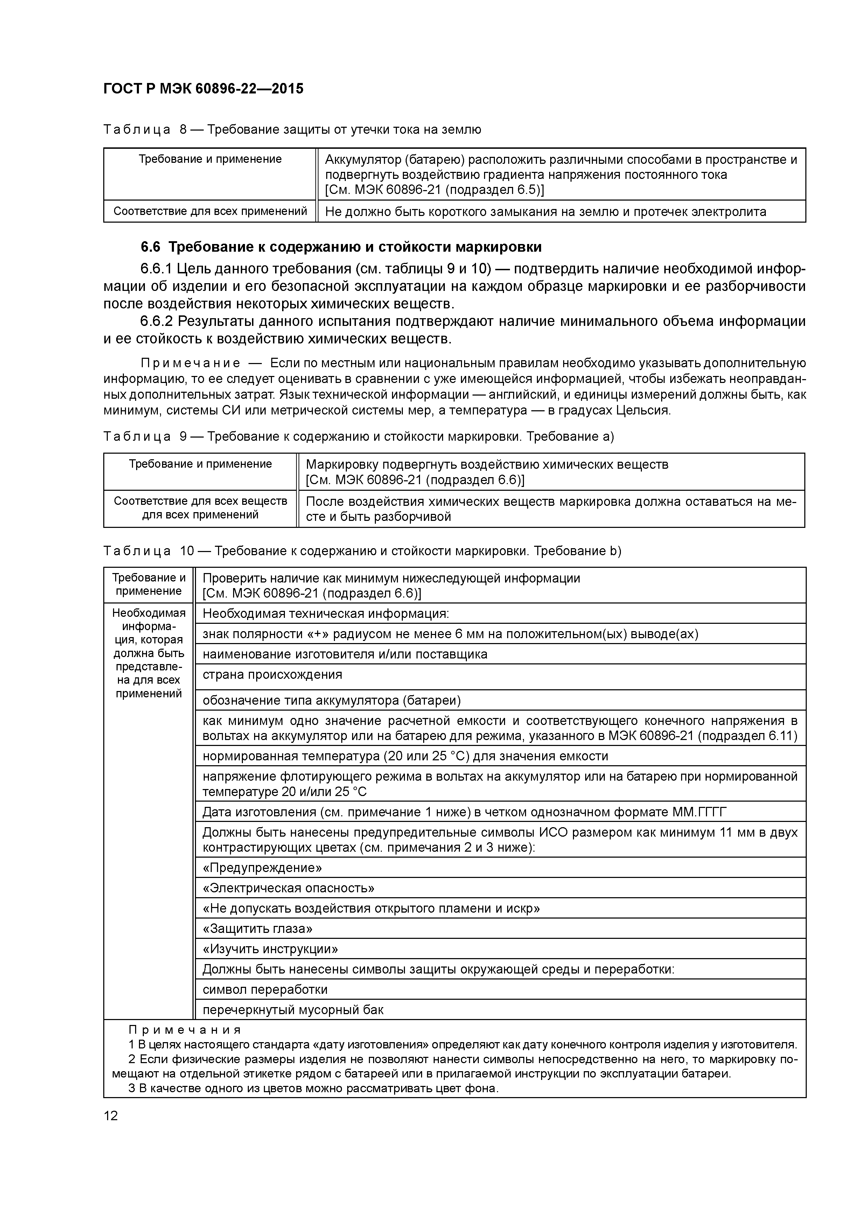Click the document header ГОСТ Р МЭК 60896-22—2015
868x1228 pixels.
203,89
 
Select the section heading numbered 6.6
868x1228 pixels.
341,247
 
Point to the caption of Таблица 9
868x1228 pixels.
358,437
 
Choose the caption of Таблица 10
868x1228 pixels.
362,551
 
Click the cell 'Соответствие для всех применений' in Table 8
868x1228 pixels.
210,211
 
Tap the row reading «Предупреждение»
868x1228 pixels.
262,867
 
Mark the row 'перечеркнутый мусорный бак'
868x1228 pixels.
293,1010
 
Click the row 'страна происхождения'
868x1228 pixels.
272,675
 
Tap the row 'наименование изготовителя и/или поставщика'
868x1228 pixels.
345,654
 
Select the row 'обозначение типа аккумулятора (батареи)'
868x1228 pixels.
331,701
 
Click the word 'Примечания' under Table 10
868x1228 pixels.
185,1031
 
